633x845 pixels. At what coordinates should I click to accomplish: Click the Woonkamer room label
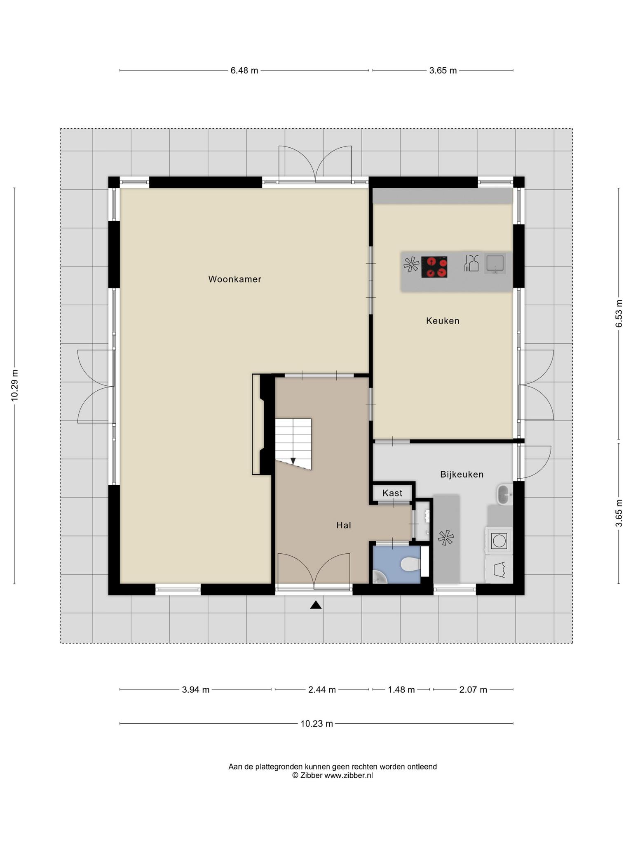point(234,279)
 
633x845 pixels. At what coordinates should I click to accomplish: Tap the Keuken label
point(443,321)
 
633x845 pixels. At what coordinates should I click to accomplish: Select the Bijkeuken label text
point(462,474)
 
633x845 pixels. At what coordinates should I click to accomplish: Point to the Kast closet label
point(392,493)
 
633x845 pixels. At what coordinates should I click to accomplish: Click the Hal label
point(344,525)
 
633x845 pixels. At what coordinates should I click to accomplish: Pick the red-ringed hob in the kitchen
point(434,267)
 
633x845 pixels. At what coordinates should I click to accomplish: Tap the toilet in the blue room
point(410,564)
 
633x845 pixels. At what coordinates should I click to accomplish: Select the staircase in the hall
point(293,444)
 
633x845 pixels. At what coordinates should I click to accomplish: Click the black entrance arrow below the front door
point(316,605)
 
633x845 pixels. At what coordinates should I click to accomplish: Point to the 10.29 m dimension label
point(15,385)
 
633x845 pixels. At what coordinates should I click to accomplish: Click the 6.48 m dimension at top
point(244,71)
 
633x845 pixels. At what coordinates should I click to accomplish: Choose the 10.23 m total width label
point(316,723)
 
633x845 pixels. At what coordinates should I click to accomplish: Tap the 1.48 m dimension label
point(401,689)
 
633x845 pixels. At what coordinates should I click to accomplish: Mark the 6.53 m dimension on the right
point(619,314)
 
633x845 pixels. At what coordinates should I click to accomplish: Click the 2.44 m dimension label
point(322,689)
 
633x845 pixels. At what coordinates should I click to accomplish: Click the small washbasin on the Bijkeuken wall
point(504,494)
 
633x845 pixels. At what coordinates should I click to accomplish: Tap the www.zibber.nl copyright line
point(333,775)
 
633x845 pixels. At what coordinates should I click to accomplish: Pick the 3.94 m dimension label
point(196,689)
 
